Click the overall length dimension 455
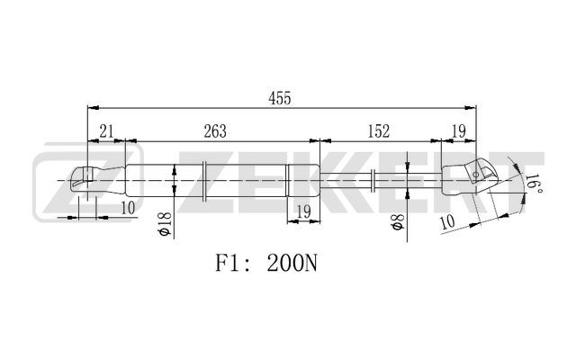tap(279, 98)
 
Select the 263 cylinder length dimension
tap(215, 131)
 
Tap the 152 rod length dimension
tap(378, 131)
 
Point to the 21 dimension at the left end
tap(106, 131)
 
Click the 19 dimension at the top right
tap(458, 131)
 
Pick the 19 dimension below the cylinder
tap(304, 212)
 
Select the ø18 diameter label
tap(164, 224)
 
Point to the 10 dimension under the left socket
tap(128, 208)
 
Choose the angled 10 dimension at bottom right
tap(447, 222)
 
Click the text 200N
tap(292, 264)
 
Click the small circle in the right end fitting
tap(475, 175)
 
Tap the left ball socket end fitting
tap(97, 180)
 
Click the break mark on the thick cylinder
tap(204, 181)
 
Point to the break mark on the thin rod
tap(373, 180)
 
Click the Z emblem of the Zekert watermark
tap(87, 182)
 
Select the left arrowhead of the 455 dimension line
tap(94, 108)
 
